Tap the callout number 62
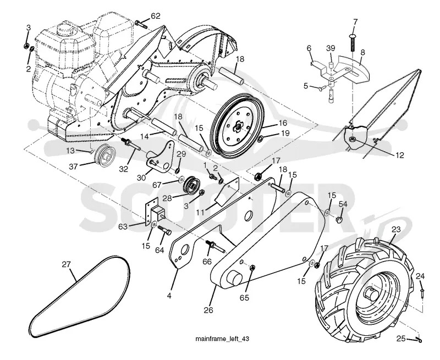tap(156, 16)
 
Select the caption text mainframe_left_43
tap(222, 339)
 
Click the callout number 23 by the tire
tap(396, 229)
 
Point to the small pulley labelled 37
tap(105, 156)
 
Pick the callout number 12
tap(400, 155)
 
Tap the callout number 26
tap(208, 310)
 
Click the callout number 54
tap(343, 204)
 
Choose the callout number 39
tap(331, 48)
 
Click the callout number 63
tap(123, 226)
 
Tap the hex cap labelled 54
tap(339, 219)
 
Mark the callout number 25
tap(401, 339)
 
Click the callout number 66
tap(207, 262)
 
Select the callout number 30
tap(142, 178)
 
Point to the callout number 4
tap(169, 296)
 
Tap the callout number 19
tap(285, 133)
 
